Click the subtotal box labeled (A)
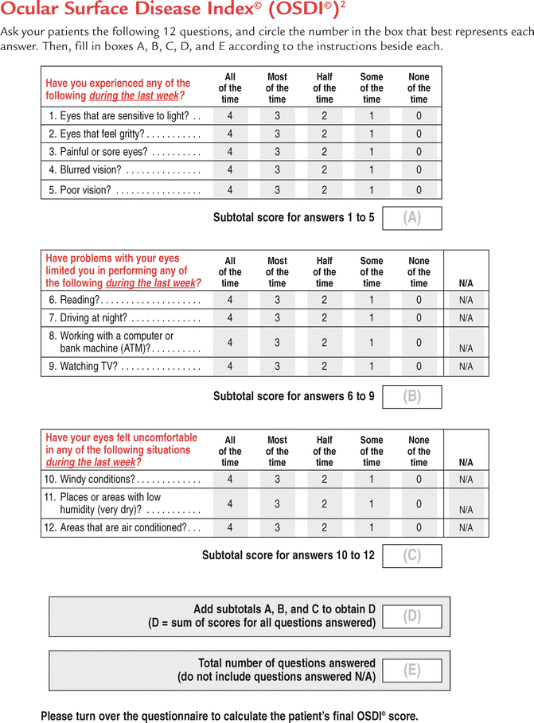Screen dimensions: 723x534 [411, 218]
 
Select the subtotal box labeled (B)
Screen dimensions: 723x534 [411, 397]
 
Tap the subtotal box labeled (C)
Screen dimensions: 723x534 [411, 555]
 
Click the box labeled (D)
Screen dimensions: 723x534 [411, 616]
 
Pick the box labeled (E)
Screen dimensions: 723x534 [411, 670]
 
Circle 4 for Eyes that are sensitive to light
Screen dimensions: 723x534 [230, 115]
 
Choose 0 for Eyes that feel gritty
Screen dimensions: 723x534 [419, 134]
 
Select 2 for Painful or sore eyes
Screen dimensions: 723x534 [324, 152]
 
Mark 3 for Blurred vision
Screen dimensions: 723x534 [277, 170]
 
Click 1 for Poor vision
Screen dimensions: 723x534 [372, 190]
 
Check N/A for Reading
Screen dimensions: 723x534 [466, 300]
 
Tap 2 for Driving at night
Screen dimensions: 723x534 [324, 318]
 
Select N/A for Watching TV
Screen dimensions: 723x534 [466, 367]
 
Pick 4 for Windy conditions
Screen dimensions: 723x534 [230, 480]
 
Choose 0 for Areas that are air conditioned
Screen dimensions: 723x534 [419, 527]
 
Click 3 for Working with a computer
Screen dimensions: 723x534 [277, 343]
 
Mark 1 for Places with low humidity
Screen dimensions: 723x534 [372, 503]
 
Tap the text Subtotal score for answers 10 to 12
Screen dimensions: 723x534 [287, 555]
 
